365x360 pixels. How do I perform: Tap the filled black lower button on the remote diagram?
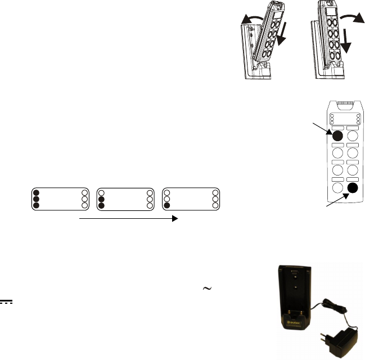click(353, 188)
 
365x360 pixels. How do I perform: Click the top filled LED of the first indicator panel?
click(37, 191)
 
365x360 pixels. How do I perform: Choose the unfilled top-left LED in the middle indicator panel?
click(102, 191)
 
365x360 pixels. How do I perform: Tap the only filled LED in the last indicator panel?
click(167, 205)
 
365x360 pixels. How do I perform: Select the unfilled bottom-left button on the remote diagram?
click(337, 188)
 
